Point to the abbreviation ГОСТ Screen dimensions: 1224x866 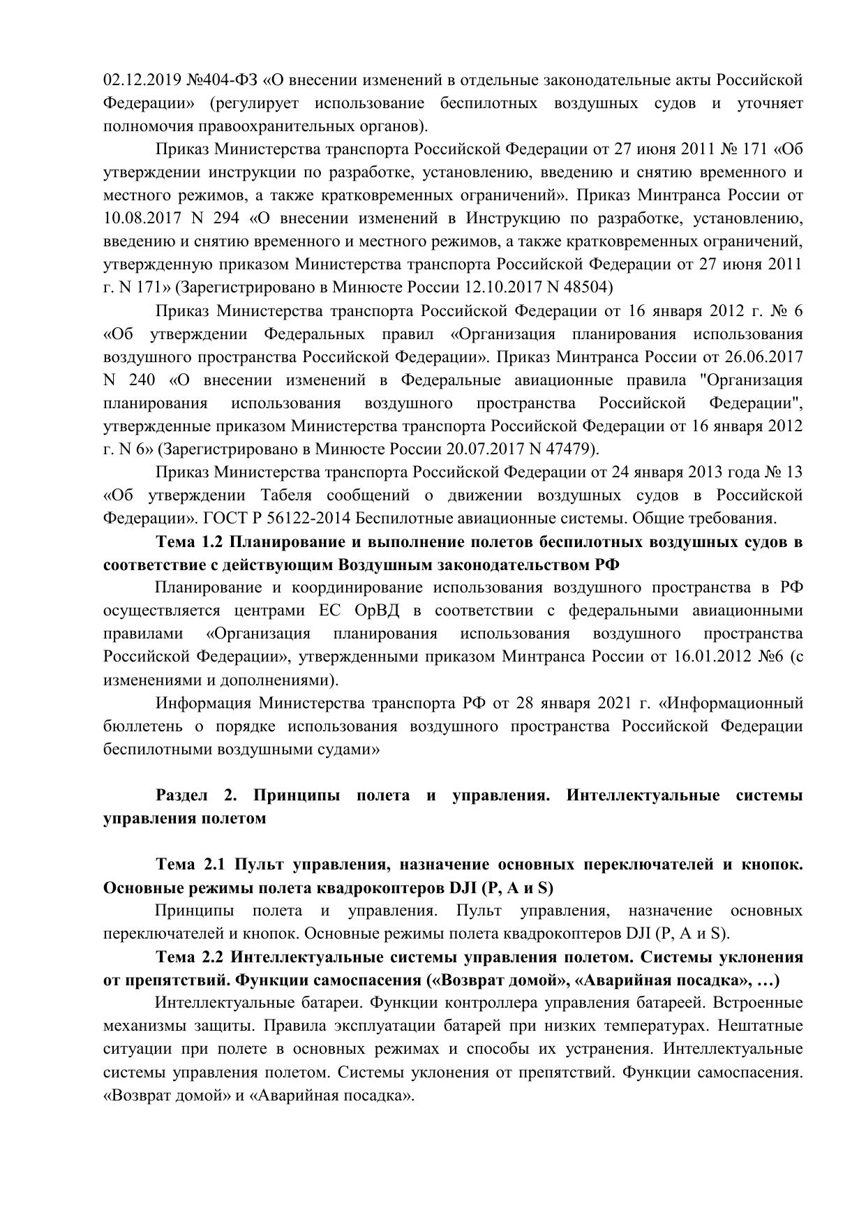pos(225,518)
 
